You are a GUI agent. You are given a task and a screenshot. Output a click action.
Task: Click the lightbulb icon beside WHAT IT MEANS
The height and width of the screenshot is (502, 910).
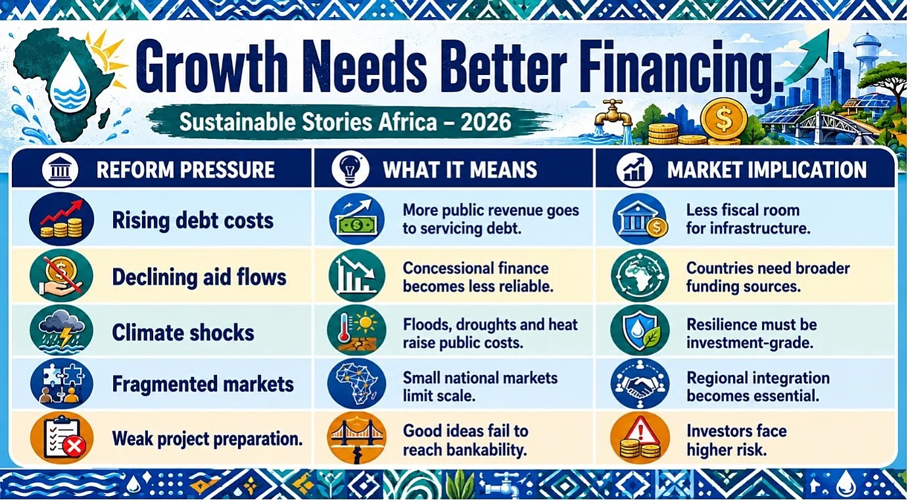[350, 168]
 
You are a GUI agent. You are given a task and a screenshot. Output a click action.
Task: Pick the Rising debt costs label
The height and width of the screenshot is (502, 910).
[193, 220]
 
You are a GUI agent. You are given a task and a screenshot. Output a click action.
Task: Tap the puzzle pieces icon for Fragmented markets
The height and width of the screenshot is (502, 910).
[62, 384]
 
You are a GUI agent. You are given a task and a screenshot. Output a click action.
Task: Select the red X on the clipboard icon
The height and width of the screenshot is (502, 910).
[74, 447]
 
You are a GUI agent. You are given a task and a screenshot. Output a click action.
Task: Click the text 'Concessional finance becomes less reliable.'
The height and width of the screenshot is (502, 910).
[478, 277]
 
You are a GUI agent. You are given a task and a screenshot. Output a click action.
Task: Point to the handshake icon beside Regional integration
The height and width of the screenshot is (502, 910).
[640, 385]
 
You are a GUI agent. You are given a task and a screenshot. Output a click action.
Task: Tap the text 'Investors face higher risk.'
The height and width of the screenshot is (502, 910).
[736, 440]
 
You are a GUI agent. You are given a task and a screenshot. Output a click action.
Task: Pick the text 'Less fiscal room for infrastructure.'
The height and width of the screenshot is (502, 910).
[748, 219]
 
